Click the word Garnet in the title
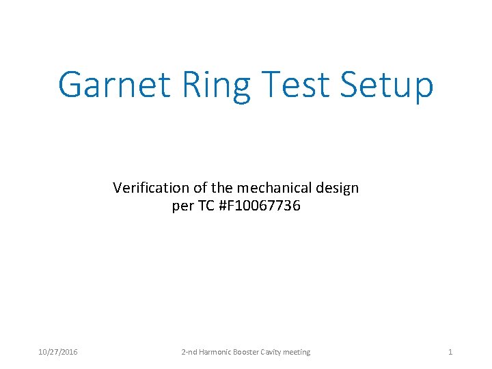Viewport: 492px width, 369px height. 113,85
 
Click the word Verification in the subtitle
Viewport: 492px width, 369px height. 146,187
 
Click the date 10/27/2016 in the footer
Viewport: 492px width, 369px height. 57,352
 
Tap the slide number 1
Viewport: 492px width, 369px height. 450,352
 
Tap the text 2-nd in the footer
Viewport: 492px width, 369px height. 189,352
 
